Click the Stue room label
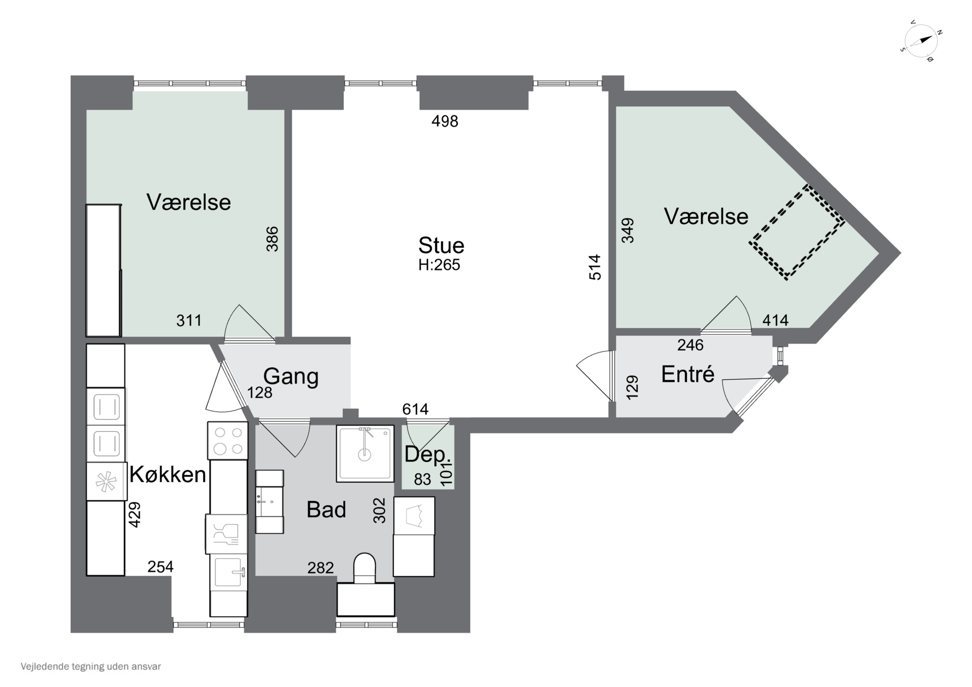[441, 246]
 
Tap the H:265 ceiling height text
[439, 265]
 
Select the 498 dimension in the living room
[445, 121]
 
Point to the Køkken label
[168, 475]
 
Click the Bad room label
[326, 509]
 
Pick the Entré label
[688, 374]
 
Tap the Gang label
[291, 376]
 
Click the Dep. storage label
[425, 455]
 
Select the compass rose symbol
[921, 41]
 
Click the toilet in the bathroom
[364, 568]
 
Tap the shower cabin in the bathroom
[365, 453]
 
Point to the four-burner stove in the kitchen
[228, 440]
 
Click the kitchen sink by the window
[229, 572]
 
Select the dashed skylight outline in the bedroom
[797, 232]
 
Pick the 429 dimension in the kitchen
[134, 515]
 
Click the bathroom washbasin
[269, 502]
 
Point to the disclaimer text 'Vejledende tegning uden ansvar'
[91, 667]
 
